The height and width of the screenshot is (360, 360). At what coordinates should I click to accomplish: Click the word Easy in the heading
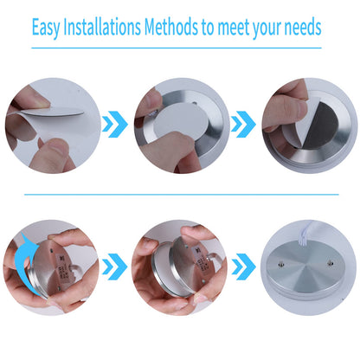tap(46, 28)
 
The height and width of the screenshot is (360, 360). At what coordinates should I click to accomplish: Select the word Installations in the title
tap(102, 27)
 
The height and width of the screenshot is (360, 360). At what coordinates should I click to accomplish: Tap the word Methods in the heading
tap(171, 27)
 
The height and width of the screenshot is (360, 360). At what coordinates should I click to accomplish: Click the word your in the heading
tap(267, 29)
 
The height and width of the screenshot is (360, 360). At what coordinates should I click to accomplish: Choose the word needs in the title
tap(303, 28)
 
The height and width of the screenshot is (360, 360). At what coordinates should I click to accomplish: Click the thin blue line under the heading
tap(177, 48)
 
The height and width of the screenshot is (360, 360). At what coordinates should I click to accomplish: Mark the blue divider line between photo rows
tap(182, 195)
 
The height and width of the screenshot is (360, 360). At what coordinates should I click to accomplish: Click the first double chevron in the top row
tap(115, 124)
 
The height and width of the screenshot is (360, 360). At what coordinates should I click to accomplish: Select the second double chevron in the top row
tap(243, 124)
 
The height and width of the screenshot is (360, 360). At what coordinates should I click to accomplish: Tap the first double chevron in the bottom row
tap(115, 267)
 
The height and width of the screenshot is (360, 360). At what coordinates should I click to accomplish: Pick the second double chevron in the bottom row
tap(243, 267)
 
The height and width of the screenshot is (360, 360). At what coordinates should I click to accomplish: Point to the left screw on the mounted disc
tap(281, 264)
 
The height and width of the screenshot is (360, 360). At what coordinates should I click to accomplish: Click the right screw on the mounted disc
tap(331, 263)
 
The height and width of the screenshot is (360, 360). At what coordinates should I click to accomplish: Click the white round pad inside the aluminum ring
tap(182, 121)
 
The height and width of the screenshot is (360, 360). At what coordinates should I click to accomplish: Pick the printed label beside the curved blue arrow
tap(62, 268)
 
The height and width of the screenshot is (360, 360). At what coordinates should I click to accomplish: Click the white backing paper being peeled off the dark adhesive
tap(299, 124)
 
